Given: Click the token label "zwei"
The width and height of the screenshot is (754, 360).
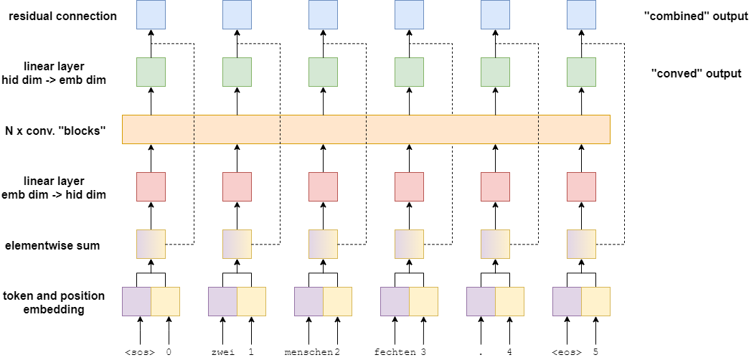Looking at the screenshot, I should (x=223, y=352).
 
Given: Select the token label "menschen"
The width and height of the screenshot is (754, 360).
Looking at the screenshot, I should (x=308, y=352).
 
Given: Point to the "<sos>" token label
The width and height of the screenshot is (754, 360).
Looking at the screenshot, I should (x=139, y=352).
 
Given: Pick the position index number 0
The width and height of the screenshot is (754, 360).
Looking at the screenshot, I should (x=169, y=352).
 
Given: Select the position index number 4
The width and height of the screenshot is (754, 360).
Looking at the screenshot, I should (x=509, y=352).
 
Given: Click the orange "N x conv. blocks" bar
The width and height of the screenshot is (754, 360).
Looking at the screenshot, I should (x=366, y=129).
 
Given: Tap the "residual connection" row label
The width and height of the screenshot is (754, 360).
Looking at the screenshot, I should (x=62, y=16).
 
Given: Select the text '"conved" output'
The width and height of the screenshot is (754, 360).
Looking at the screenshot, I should (x=696, y=73).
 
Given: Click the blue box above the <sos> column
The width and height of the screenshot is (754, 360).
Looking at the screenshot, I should (x=151, y=14).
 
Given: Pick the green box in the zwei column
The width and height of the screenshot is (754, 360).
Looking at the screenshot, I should (x=237, y=72).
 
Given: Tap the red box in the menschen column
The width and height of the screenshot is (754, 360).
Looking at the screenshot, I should (x=323, y=186).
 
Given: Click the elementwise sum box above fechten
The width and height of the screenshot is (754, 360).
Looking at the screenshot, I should (x=409, y=244).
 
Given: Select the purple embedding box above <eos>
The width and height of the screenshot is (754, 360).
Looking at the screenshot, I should (x=567, y=301).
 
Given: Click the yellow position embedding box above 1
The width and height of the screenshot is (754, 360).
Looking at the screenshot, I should (x=251, y=301).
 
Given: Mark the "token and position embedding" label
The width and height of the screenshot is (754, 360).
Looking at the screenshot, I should (x=54, y=303).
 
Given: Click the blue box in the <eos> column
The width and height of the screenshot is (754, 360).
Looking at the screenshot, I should (x=581, y=14).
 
